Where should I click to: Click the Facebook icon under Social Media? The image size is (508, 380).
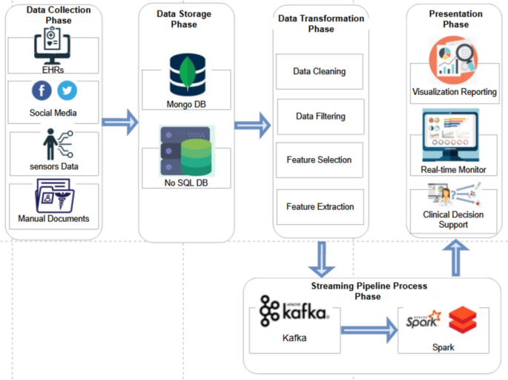42,91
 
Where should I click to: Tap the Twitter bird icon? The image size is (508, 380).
67,91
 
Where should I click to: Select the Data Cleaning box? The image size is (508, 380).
320,72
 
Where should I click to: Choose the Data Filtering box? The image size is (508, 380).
320,117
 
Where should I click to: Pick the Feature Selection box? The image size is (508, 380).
320,160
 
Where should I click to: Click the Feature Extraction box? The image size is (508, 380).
320,206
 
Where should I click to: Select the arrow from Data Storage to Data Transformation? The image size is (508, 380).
253,123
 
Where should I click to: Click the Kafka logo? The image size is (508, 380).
294,312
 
